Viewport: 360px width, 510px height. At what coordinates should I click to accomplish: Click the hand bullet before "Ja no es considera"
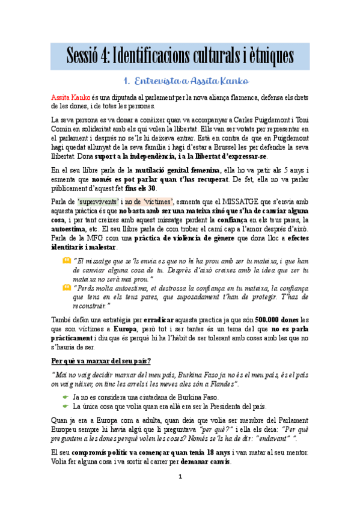(65, 397)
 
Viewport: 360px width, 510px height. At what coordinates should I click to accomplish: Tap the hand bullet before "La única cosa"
(65, 406)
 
